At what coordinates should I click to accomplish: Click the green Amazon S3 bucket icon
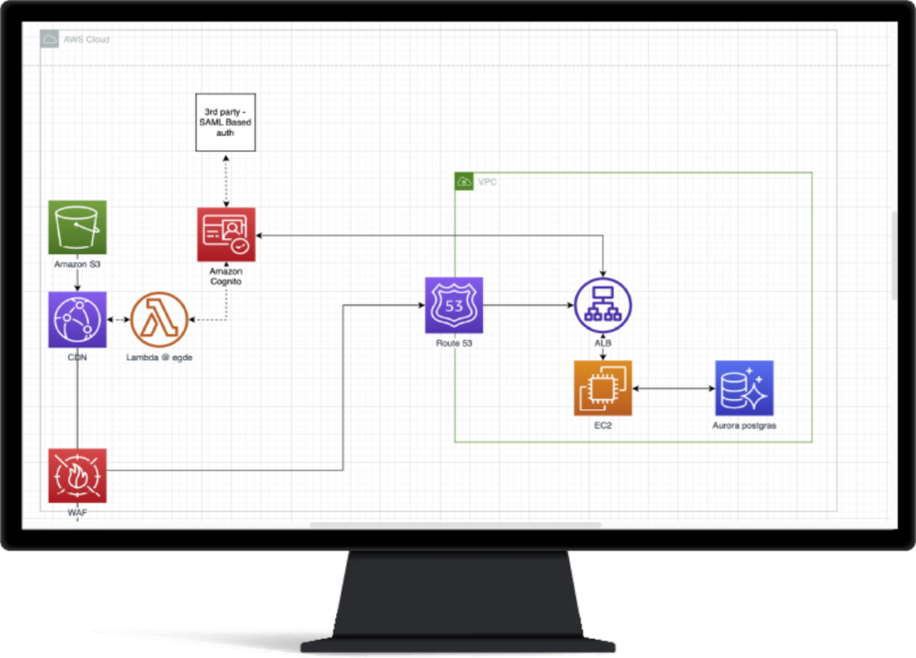point(77,227)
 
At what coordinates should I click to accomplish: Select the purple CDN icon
point(77,320)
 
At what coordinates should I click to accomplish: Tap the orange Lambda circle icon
point(159,320)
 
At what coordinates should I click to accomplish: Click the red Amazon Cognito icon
point(226,235)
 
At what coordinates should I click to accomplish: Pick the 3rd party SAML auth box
point(225,123)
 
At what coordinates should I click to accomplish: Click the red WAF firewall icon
point(77,475)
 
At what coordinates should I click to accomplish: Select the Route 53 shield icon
point(454,305)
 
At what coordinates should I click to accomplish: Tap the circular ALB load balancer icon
point(603,305)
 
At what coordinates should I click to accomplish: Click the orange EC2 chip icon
point(603,389)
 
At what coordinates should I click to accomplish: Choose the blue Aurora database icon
point(744,389)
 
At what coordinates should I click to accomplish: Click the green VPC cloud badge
point(464,182)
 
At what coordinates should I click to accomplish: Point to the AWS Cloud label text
point(87,39)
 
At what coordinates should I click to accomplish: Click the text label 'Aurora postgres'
point(744,426)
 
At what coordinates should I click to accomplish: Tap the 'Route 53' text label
point(454,344)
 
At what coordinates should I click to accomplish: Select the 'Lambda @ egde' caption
point(159,357)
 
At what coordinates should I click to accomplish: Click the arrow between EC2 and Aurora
point(674,389)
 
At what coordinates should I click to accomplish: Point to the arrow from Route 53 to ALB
point(529,304)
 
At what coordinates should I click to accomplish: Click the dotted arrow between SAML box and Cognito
point(226,181)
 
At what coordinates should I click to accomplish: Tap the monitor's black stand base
point(457,645)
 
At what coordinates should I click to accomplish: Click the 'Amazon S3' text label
point(77,264)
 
